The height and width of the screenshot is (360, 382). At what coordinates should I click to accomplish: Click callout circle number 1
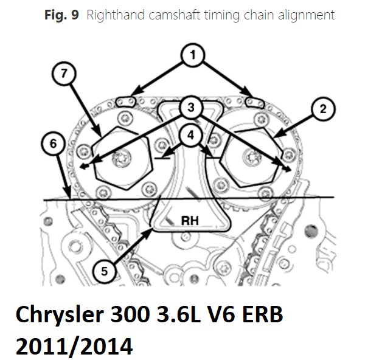coord(193,55)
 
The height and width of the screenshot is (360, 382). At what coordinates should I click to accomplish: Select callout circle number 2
coord(323,109)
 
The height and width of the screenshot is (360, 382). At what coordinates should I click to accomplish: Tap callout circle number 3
coord(191,107)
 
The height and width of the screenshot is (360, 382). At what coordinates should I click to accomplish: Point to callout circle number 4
coord(191,135)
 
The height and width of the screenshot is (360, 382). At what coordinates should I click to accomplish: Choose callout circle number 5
coord(104,271)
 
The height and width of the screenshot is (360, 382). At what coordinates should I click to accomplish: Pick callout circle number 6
coord(53,144)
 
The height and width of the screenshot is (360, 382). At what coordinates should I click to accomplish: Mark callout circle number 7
coord(64,74)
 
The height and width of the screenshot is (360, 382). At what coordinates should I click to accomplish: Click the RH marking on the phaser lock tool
coord(190,221)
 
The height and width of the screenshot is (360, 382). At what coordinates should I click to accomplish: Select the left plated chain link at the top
coord(125,102)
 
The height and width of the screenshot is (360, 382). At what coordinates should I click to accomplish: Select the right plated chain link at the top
coord(255,102)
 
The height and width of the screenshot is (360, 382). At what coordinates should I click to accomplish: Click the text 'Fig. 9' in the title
coord(61,15)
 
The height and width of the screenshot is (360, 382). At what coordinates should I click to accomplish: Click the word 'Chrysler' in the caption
coord(60,316)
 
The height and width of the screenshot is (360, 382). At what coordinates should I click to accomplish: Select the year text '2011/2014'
coord(74,346)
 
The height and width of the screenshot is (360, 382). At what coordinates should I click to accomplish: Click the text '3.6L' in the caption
coord(179,314)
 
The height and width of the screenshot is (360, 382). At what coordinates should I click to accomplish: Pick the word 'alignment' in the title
coord(306,16)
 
